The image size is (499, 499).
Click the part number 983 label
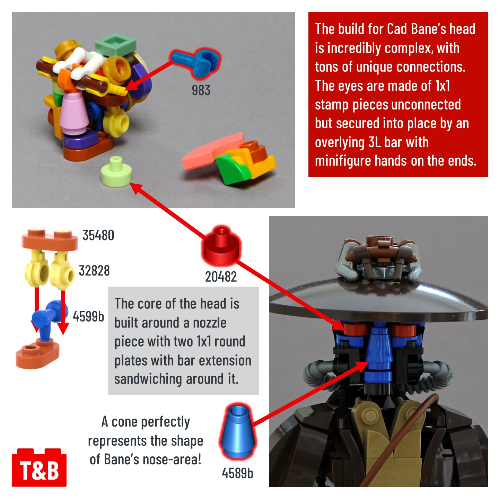point(201,91)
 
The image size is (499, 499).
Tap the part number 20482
point(221,277)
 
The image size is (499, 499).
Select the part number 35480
point(98,235)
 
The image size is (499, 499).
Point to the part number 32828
point(94,271)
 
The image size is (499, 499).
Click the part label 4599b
point(88,316)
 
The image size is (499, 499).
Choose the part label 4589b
point(237,473)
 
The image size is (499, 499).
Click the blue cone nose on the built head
point(379,353)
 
